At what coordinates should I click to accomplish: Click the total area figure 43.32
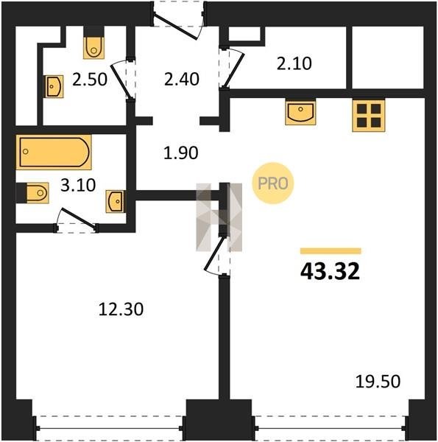point(330,271)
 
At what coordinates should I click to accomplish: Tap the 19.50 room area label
point(378,382)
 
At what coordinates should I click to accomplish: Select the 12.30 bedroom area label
point(121,309)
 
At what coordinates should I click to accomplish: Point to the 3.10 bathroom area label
point(78,186)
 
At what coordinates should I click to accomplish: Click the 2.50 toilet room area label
point(90,80)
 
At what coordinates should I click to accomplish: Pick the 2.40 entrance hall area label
point(182,80)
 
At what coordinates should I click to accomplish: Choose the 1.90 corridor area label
point(181,153)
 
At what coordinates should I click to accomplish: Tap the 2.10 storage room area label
point(294,63)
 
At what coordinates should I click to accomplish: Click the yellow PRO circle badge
point(272,183)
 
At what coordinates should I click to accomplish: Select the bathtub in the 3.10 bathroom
point(54,152)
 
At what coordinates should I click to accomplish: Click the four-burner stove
point(368,116)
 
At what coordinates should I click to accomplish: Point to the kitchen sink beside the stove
point(300,113)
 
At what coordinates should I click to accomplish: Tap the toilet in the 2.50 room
point(93,48)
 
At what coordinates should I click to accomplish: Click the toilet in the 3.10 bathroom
point(38,193)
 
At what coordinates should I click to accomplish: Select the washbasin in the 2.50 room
point(54,86)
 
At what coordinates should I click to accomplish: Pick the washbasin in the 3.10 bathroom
point(114,201)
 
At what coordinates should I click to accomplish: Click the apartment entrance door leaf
point(177,27)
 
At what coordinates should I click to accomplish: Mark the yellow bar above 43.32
point(331,251)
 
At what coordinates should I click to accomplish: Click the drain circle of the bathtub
point(26,152)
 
